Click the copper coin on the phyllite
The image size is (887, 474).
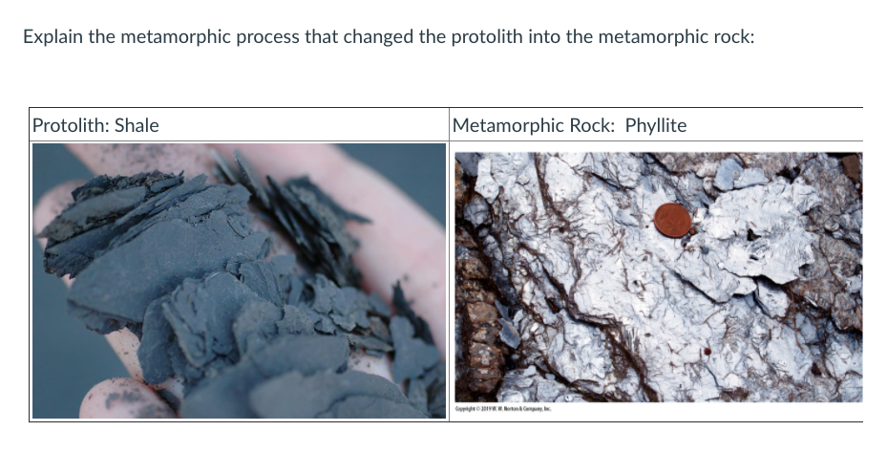click(672, 220)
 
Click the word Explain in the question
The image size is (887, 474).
click(52, 38)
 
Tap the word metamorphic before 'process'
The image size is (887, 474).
click(165, 38)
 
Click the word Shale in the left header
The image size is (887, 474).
click(137, 125)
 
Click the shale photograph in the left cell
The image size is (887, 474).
click(239, 280)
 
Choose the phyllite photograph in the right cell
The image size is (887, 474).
click(657, 277)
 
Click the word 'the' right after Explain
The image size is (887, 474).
click(99, 38)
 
